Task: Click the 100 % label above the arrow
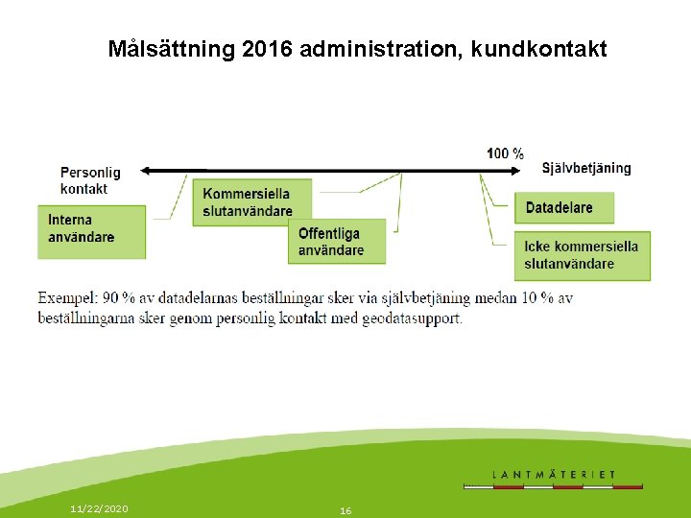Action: pyautogui.click(x=505, y=153)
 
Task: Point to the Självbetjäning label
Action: pyautogui.click(x=586, y=168)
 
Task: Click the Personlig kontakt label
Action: pyautogui.click(x=90, y=180)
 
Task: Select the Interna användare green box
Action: pyautogui.click(x=92, y=230)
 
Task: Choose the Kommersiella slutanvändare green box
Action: pyautogui.click(x=254, y=202)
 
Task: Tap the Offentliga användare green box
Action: pyautogui.click(x=338, y=242)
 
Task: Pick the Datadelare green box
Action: pyautogui.click(x=564, y=208)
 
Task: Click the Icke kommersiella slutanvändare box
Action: pyautogui.click(x=582, y=255)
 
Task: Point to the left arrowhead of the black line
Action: pyautogui.click(x=144, y=172)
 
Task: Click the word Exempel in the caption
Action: pyautogui.click(x=67, y=298)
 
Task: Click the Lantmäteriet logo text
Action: pyautogui.click(x=554, y=474)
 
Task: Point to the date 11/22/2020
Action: pyautogui.click(x=99, y=508)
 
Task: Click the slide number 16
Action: pyautogui.click(x=345, y=511)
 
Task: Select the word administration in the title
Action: pyautogui.click(x=381, y=49)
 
